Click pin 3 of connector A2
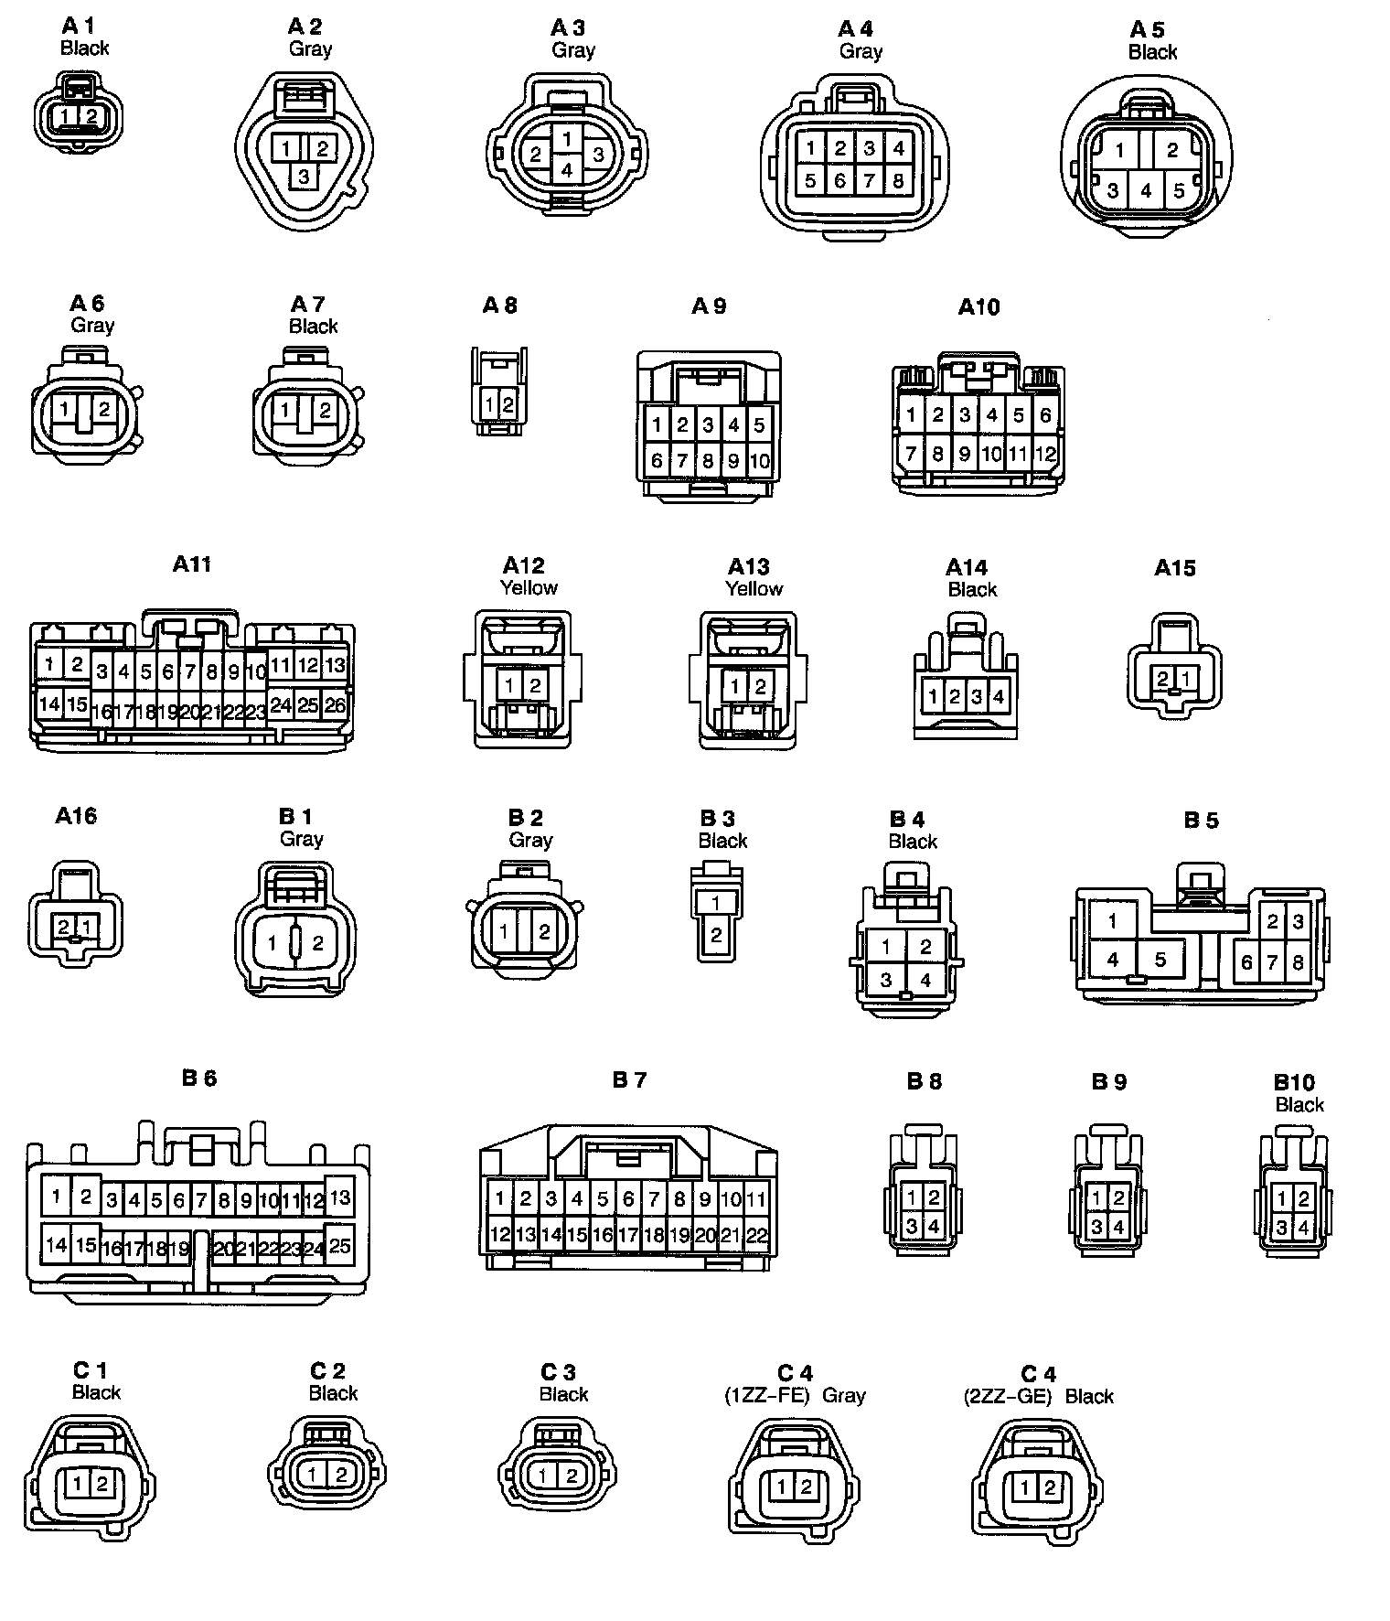tap(304, 175)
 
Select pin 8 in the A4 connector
tap(898, 180)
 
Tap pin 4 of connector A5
tap(1146, 191)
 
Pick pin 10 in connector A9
tap(759, 461)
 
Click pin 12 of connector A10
tap(1045, 453)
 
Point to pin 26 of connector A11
tap(336, 705)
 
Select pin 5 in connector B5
tap(1160, 960)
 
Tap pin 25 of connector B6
tap(339, 1245)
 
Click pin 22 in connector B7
tap(756, 1236)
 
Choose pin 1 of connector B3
tap(716, 903)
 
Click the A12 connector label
tap(523, 565)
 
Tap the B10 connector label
tap(1294, 1082)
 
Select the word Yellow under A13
tap(754, 588)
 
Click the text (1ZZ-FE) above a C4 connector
tap(767, 1396)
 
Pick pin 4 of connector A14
tap(999, 697)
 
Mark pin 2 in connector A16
tap(64, 927)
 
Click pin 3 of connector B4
tap(885, 981)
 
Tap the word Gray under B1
tap(302, 839)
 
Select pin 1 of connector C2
tap(313, 1474)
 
